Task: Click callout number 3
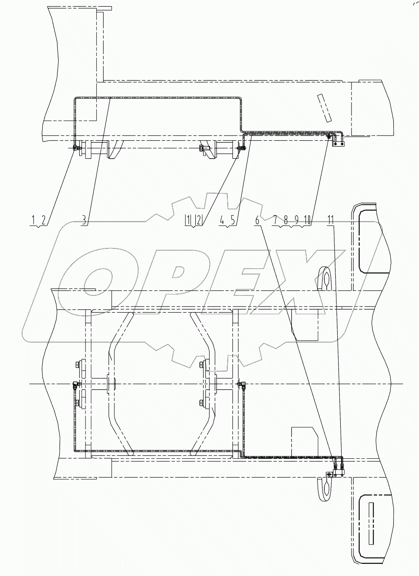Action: (84, 219)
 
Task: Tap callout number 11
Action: (331, 219)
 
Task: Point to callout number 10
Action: (308, 219)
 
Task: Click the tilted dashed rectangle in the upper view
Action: (323, 108)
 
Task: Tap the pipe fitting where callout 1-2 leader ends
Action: (76, 147)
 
